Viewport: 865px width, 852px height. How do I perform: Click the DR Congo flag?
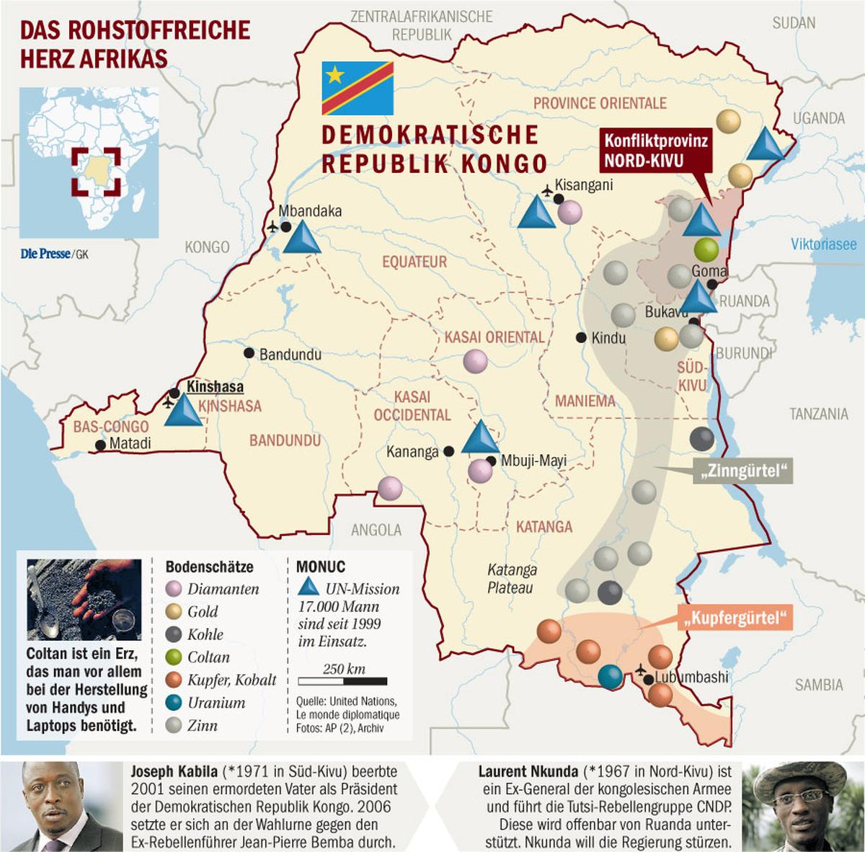coord(358,88)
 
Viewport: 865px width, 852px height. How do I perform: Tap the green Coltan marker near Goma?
coord(707,249)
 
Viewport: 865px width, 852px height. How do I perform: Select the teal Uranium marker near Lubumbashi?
coord(611,676)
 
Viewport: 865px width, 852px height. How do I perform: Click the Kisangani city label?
coord(583,185)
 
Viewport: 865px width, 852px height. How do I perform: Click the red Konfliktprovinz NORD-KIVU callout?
coord(655,151)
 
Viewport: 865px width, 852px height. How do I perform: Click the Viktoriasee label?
coord(823,244)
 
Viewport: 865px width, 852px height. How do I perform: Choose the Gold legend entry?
coord(202,612)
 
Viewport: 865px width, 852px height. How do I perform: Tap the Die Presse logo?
coord(45,254)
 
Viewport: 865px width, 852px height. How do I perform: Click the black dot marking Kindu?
coord(581,337)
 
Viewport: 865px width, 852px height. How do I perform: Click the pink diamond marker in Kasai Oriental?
coord(475,361)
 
